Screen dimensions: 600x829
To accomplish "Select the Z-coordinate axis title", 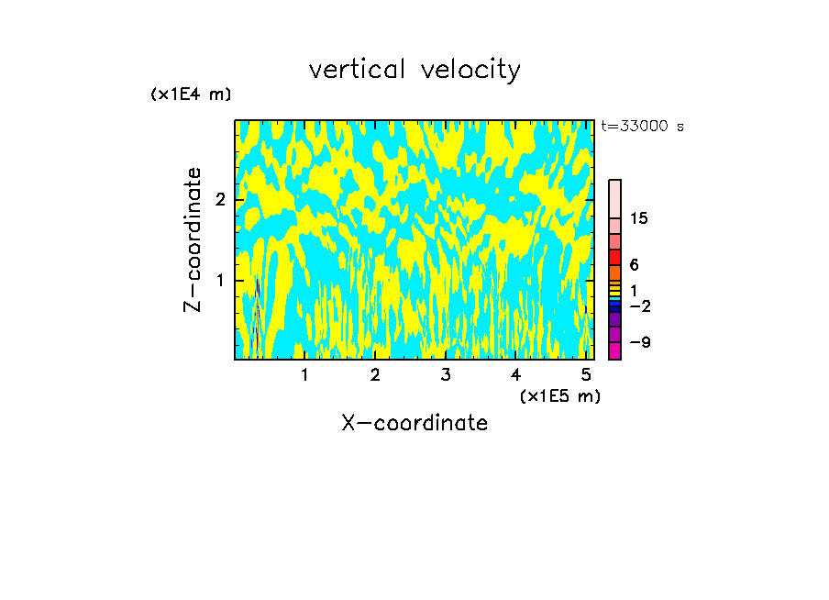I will click(193, 239).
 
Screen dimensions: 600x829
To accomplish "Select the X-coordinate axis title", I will click(414, 423).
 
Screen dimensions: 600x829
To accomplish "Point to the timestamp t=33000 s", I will click(642, 127).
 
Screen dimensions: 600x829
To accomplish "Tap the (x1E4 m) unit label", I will click(191, 94).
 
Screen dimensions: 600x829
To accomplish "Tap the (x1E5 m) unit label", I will click(560, 395).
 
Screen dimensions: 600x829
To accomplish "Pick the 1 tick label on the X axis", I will click(304, 375).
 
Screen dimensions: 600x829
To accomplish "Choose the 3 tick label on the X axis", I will click(445, 375).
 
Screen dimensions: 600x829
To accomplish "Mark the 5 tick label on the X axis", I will click(585, 375).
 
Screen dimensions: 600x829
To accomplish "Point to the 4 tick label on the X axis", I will click(515, 375).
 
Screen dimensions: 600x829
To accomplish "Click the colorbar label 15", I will click(640, 218).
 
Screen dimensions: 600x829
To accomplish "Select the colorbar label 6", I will click(635, 265).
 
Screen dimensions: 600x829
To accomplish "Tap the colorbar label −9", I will click(639, 342).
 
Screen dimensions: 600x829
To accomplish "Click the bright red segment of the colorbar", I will click(614, 257).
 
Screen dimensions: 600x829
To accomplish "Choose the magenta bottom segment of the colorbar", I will click(614, 350).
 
